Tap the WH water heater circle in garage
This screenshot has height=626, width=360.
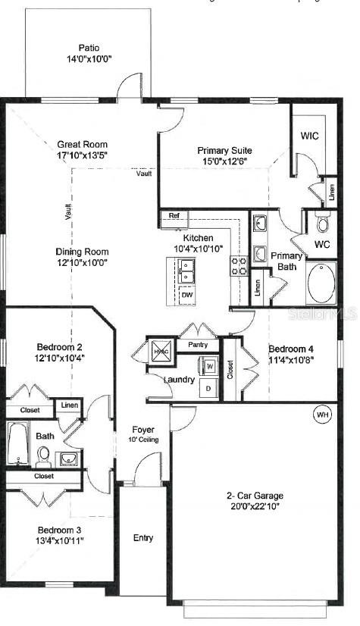(323, 415)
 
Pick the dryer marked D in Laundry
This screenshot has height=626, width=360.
(210, 388)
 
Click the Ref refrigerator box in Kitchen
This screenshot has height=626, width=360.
(174, 216)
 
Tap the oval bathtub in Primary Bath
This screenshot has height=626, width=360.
(321, 284)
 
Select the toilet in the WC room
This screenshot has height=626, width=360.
(322, 224)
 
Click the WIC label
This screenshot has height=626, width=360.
(309, 136)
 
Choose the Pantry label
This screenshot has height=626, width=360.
(197, 345)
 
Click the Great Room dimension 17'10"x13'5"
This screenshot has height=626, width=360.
(83, 156)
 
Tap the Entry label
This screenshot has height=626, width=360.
(142, 538)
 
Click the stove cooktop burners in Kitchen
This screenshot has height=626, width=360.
(239, 265)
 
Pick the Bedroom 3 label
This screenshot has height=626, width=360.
(58, 529)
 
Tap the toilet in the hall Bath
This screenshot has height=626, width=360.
(43, 455)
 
